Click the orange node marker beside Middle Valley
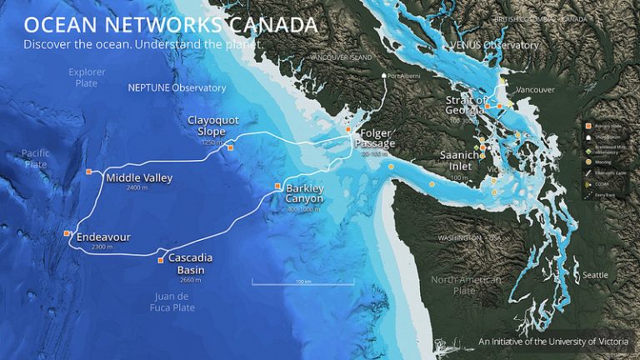89,172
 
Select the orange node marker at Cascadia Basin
161,259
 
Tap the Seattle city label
595,275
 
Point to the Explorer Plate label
87,77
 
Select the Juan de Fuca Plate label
174,302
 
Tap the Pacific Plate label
36,158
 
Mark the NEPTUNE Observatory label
177,87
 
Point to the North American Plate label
466,285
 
